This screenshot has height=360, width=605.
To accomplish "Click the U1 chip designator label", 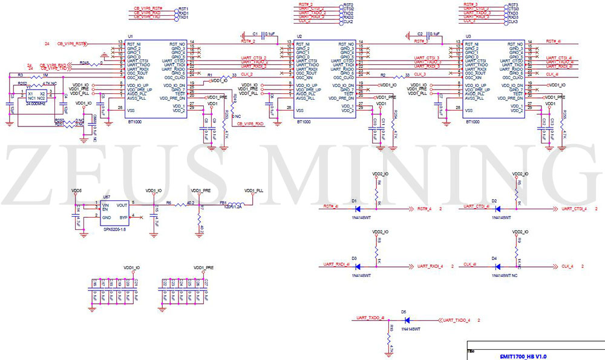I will [131, 37].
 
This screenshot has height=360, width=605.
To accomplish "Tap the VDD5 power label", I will [76, 191].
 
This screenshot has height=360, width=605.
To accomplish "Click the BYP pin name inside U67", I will [123, 217].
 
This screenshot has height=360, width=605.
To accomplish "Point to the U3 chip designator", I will [469, 37].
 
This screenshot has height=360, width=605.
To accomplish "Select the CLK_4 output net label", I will [567, 266].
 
